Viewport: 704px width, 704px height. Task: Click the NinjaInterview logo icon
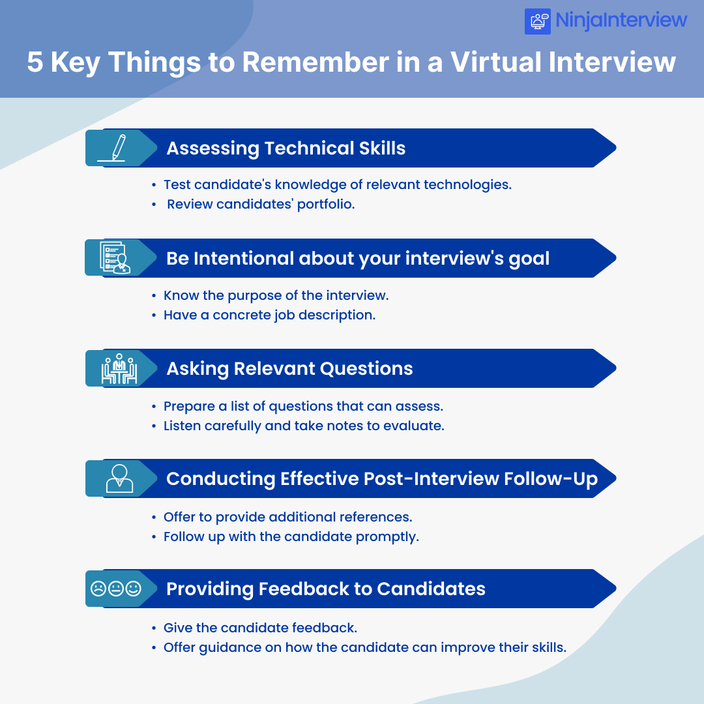tap(538, 21)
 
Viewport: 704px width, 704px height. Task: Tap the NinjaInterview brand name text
tap(621, 20)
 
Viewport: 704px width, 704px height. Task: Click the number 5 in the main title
tap(35, 63)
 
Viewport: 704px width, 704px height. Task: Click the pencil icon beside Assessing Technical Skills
tap(116, 148)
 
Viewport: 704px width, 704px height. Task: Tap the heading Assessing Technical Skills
tap(286, 148)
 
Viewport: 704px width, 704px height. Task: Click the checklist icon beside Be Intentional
tap(115, 258)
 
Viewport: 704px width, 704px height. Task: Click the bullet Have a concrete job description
tap(269, 315)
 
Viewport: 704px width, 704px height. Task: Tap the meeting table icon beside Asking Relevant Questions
tap(119, 369)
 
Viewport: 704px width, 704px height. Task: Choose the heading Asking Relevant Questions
tap(289, 368)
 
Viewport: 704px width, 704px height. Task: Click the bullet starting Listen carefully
tap(303, 426)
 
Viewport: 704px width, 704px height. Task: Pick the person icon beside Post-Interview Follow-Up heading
tap(119, 478)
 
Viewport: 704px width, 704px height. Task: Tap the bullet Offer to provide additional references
tap(287, 517)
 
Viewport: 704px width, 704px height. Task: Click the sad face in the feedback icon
tap(98, 589)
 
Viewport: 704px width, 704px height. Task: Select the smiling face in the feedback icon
tap(134, 589)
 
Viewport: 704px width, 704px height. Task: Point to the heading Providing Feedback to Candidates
tap(325, 589)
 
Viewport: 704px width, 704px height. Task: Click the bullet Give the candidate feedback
tap(260, 628)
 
